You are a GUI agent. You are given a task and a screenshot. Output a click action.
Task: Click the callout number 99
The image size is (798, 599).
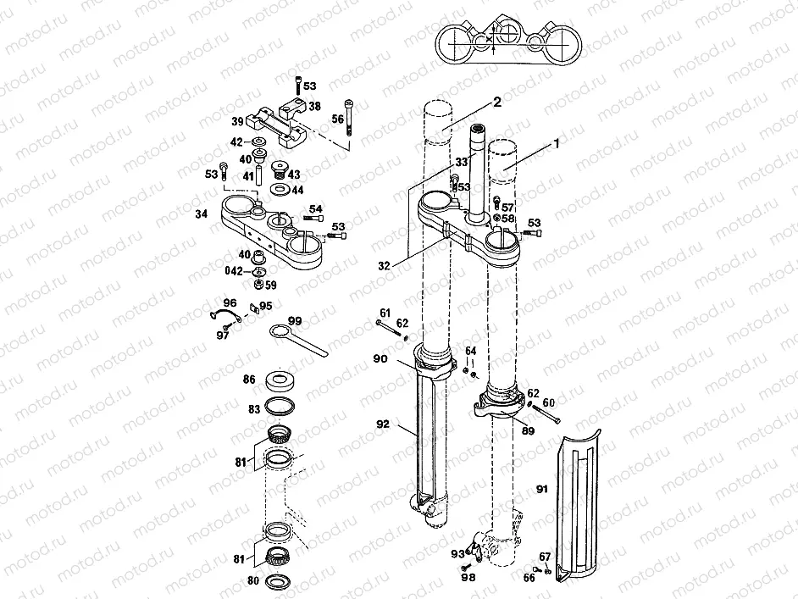tap(295, 320)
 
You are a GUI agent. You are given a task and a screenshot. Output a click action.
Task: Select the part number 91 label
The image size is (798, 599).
tap(543, 489)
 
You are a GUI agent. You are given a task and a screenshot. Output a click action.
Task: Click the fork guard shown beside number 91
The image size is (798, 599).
tap(581, 508)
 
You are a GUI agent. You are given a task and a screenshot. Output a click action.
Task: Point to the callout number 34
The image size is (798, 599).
tap(201, 214)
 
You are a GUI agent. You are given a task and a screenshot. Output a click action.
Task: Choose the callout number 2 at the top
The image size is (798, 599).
tap(498, 102)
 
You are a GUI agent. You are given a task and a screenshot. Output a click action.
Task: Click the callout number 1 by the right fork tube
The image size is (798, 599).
tap(557, 144)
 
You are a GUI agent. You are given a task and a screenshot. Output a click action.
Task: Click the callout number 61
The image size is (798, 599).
tap(385, 313)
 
